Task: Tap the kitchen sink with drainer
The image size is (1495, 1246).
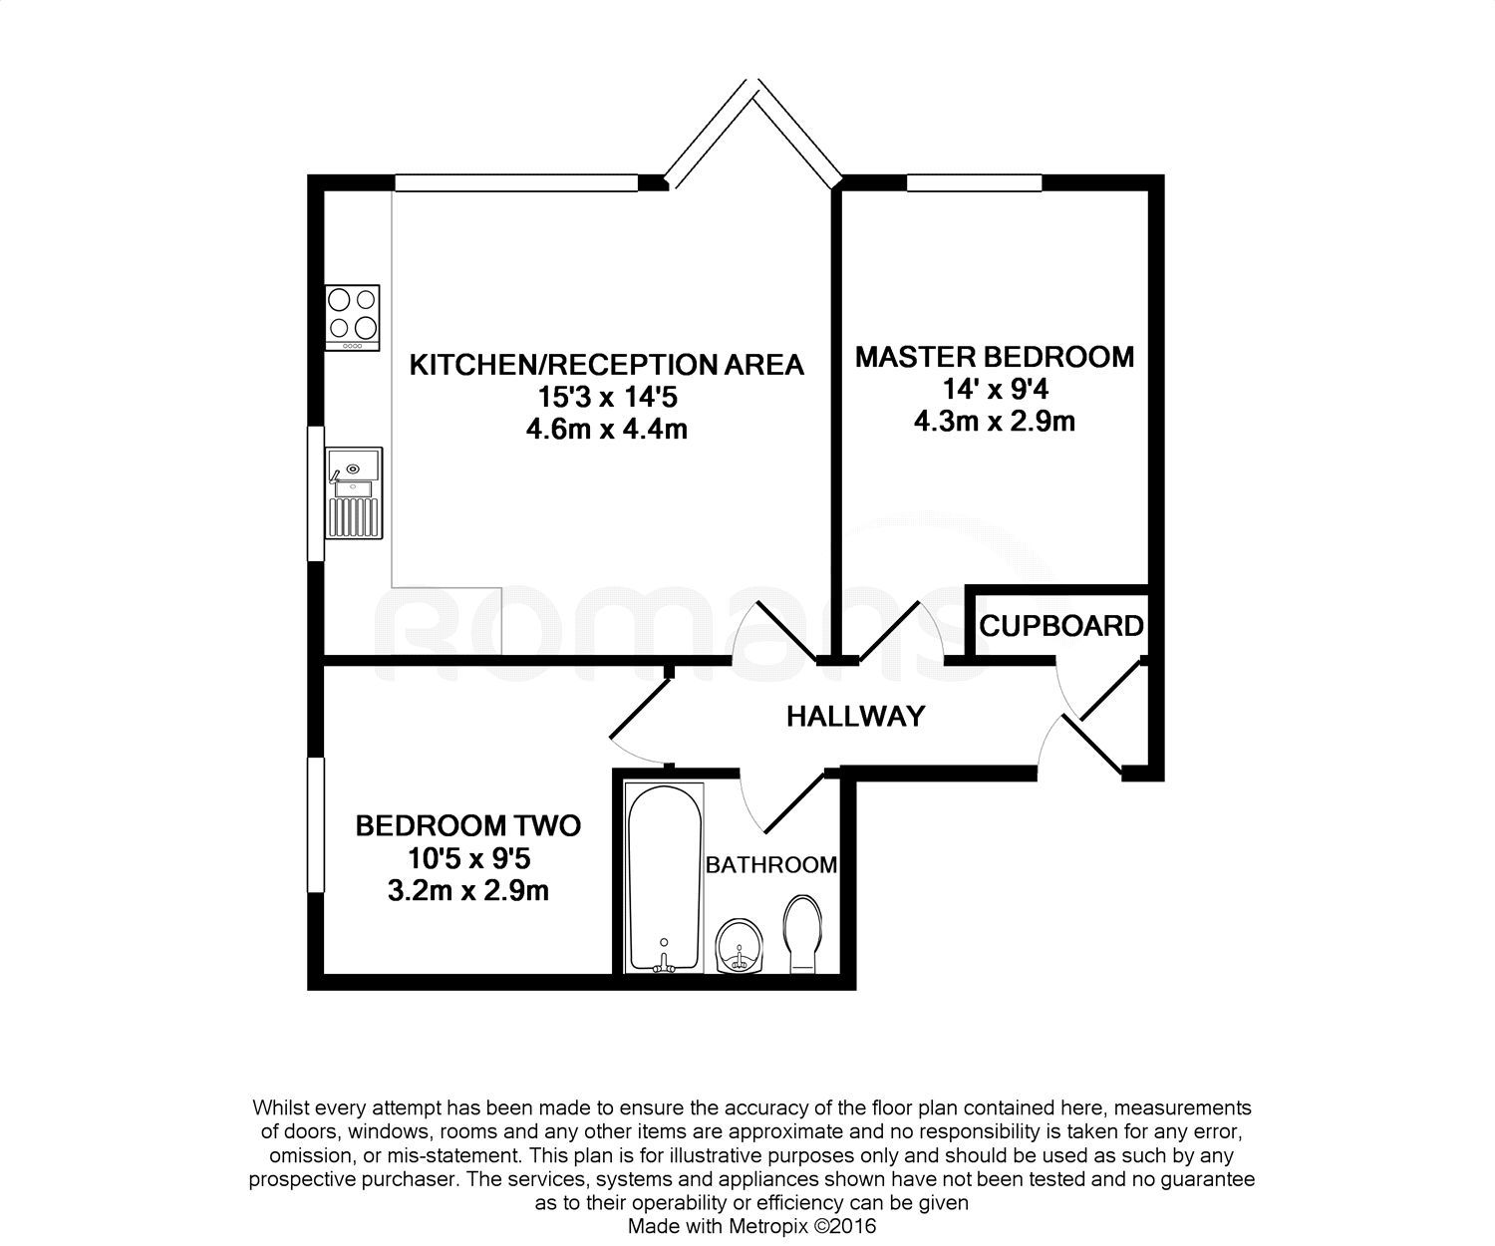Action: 353,492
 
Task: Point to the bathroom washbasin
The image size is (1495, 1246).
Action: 741,945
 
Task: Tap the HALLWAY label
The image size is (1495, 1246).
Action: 855,716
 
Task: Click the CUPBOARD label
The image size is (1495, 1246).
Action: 1060,626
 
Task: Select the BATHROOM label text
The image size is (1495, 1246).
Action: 770,864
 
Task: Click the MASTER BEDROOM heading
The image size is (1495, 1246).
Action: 994,357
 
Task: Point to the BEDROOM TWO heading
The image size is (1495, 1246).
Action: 467,825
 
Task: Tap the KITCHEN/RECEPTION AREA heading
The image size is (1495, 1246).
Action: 606,365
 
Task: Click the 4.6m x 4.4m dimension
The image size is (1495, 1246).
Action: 607,430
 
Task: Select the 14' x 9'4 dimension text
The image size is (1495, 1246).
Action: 994,389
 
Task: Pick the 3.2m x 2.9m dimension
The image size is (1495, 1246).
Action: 467,890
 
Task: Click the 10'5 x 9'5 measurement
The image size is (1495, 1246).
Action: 467,857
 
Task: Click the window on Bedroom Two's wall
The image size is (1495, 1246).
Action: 315,824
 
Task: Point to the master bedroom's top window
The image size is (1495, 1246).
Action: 973,182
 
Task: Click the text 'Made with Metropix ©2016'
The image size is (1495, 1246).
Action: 751,1225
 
